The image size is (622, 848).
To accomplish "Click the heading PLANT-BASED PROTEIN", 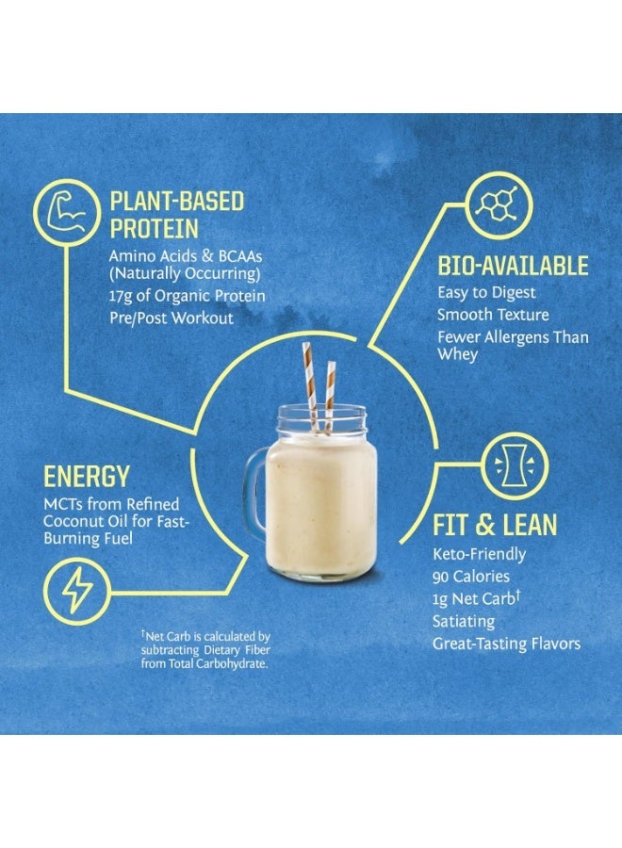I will click(177, 215).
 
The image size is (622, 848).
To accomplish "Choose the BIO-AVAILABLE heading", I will click(513, 266).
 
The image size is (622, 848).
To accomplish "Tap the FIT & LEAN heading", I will click(495, 525).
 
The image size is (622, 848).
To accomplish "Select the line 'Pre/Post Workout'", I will click(171, 318).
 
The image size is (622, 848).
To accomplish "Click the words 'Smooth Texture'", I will click(492, 315).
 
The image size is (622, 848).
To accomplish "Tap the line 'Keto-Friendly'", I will click(479, 554).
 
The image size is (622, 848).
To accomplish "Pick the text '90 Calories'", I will click(470, 577).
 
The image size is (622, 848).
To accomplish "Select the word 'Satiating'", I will click(463, 622).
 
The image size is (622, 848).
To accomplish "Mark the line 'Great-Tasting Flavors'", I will click(506, 644).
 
